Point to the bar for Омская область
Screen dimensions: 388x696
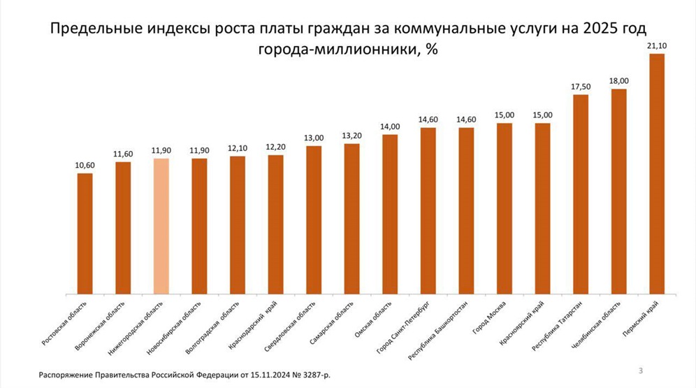(x=390, y=213)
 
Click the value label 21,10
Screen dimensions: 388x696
(x=657, y=45)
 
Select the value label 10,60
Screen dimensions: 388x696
(x=85, y=165)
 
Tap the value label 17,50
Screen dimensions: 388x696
(x=581, y=86)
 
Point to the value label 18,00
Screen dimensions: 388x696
(x=618, y=80)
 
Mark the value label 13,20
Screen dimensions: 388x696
(x=352, y=136)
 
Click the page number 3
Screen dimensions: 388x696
(x=641, y=368)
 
